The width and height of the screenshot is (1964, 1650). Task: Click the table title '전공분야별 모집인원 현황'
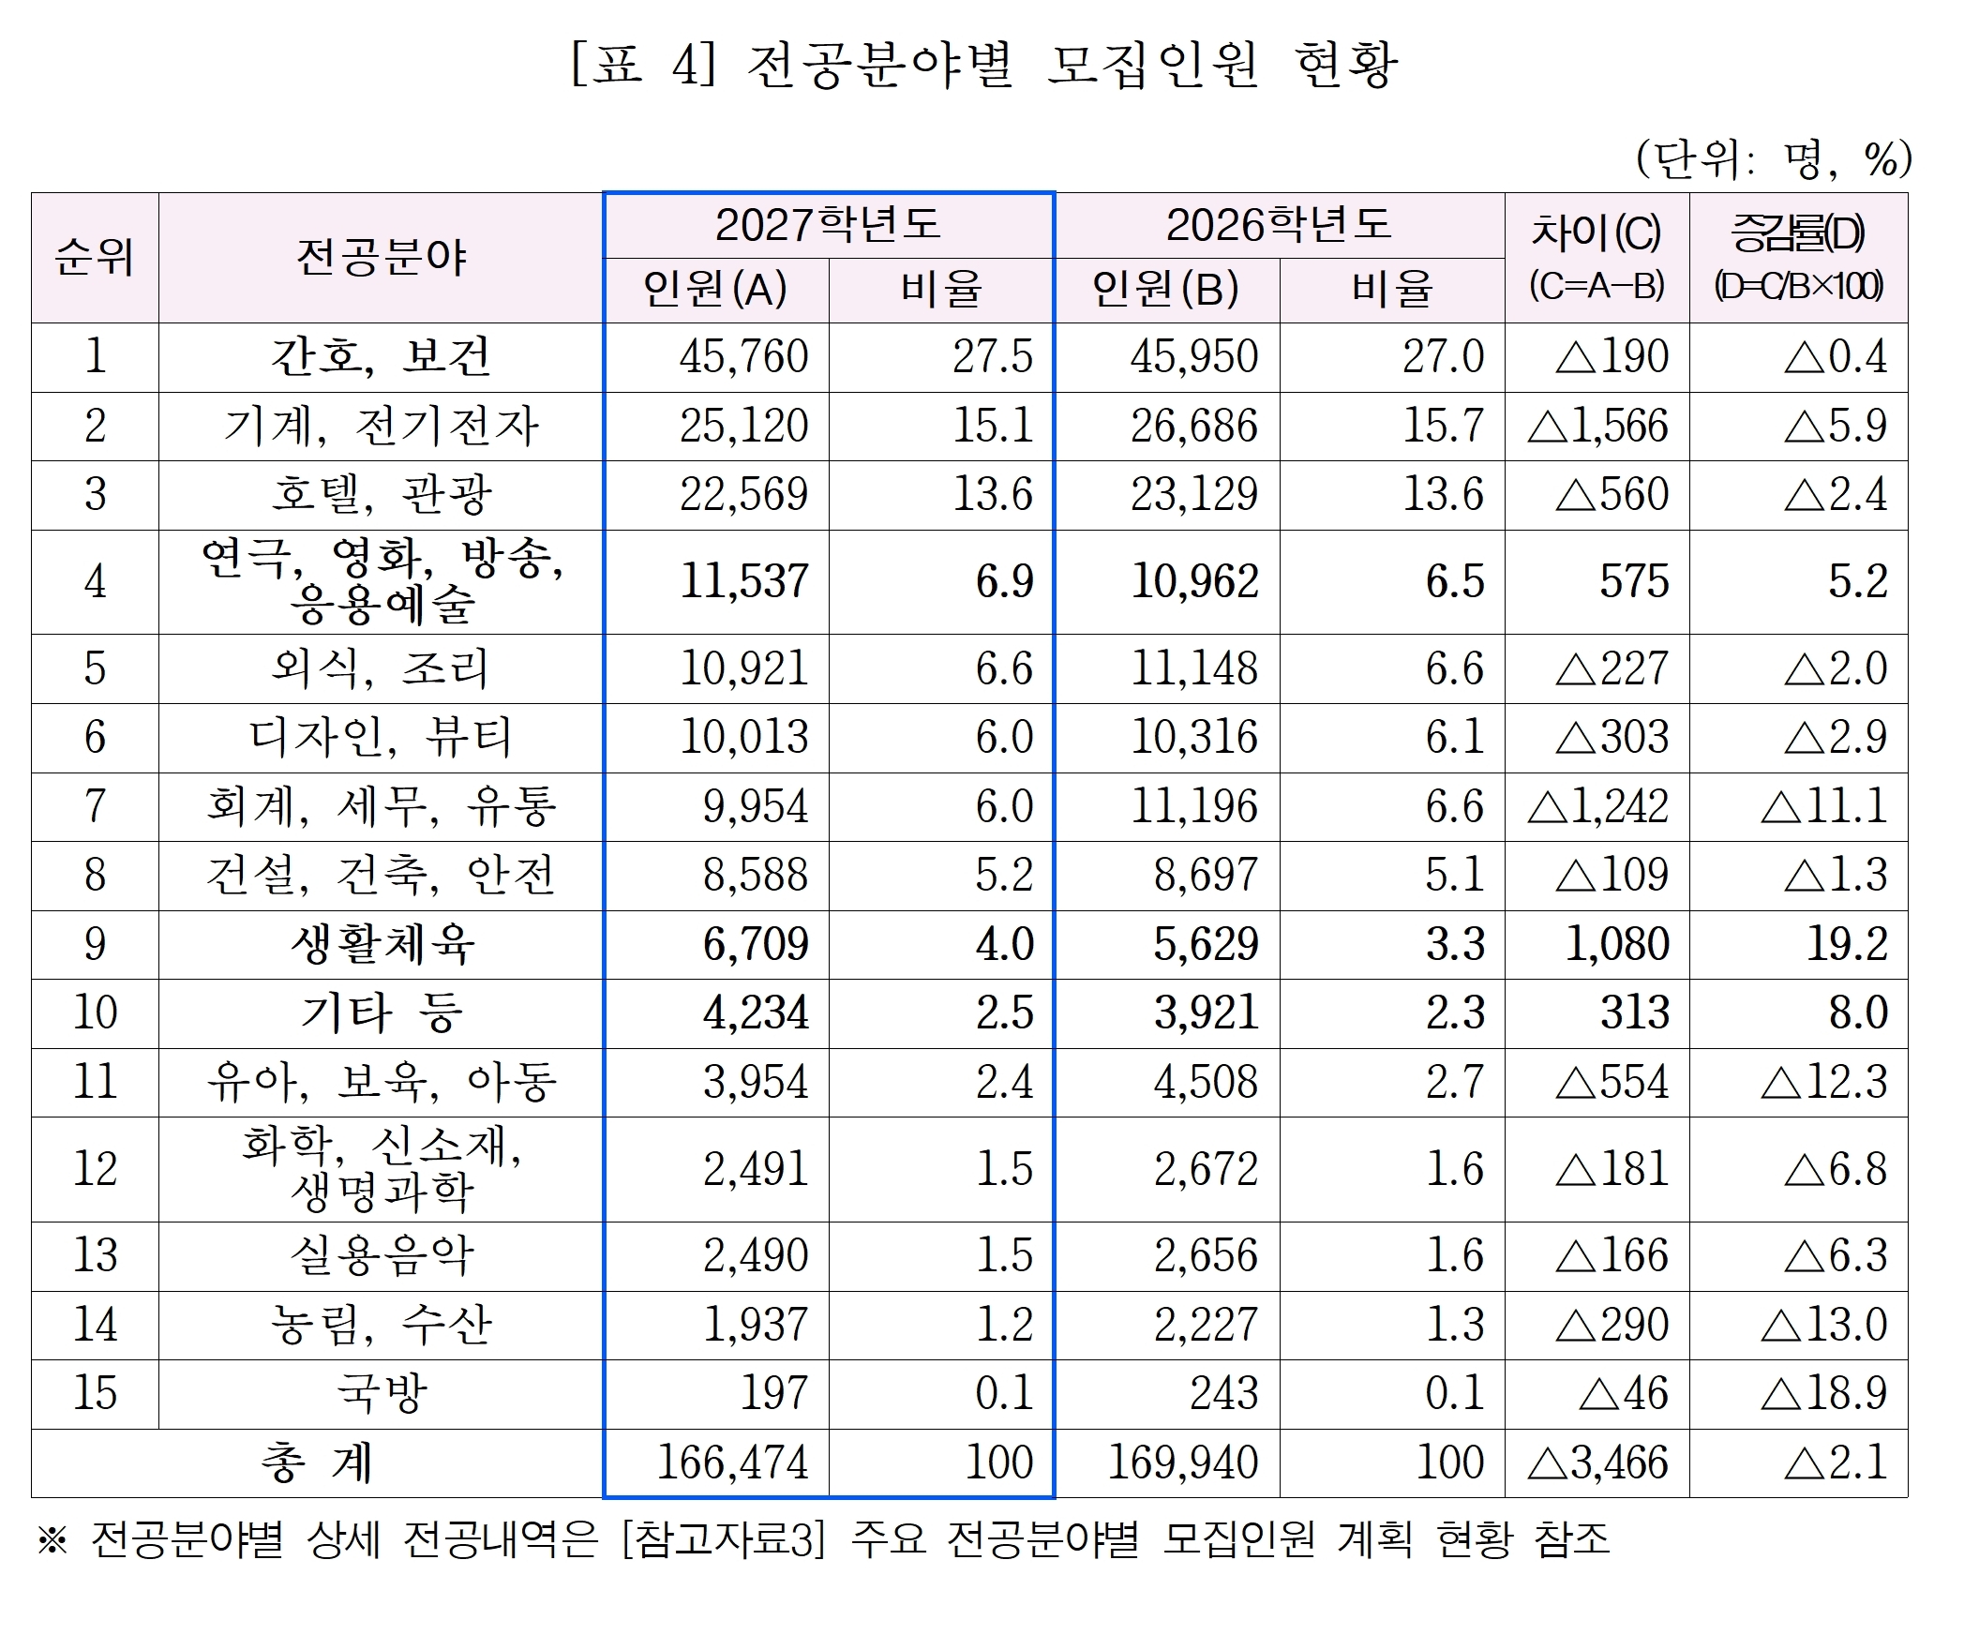click(x=984, y=65)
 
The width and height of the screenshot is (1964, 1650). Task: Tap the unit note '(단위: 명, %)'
click(x=1773, y=159)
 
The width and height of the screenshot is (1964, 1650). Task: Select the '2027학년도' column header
click(x=828, y=225)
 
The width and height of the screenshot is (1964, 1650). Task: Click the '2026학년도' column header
click(x=1279, y=225)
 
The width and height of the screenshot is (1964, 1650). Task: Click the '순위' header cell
click(x=95, y=257)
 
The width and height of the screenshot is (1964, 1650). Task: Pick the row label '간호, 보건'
click(x=381, y=357)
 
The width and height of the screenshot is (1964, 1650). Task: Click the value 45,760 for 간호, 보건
click(x=743, y=357)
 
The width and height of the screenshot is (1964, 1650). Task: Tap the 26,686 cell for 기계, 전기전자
click(x=1193, y=427)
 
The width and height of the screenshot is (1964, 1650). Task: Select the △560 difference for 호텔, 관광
click(x=1612, y=495)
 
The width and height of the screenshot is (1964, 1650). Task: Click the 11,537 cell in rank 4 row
click(x=743, y=582)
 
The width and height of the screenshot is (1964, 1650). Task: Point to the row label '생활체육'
click(x=381, y=944)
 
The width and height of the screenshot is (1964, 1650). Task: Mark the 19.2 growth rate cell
click(x=1846, y=944)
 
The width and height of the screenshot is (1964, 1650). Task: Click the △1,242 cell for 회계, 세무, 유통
click(x=1597, y=807)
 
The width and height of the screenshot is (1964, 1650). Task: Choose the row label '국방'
click(x=381, y=1394)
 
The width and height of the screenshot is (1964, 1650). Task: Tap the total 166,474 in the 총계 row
click(x=732, y=1462)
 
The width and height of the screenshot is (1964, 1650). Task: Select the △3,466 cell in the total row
click(x=1597, y=1462)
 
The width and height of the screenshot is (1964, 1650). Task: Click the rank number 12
click(x=95, y=1169)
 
